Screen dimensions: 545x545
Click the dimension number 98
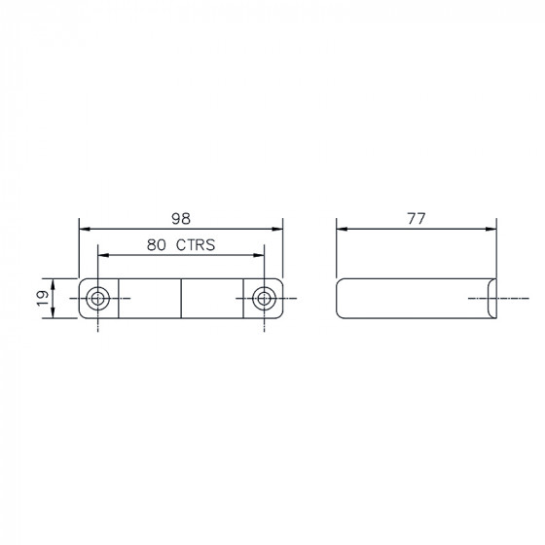click(181, 219)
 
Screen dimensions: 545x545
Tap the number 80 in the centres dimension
click(156, 245)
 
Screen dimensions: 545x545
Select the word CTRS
click(196, 245)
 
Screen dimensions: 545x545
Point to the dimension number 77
click(417, 219)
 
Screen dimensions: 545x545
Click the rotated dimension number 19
click(43, 298)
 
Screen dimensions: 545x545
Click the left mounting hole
click(97, 298)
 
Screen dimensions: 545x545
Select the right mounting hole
click(264, 298)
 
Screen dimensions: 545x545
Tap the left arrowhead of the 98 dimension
click(85, 229)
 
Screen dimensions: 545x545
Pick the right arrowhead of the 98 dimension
click(277, 229)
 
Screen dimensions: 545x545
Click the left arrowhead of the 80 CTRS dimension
click(103, 255)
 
